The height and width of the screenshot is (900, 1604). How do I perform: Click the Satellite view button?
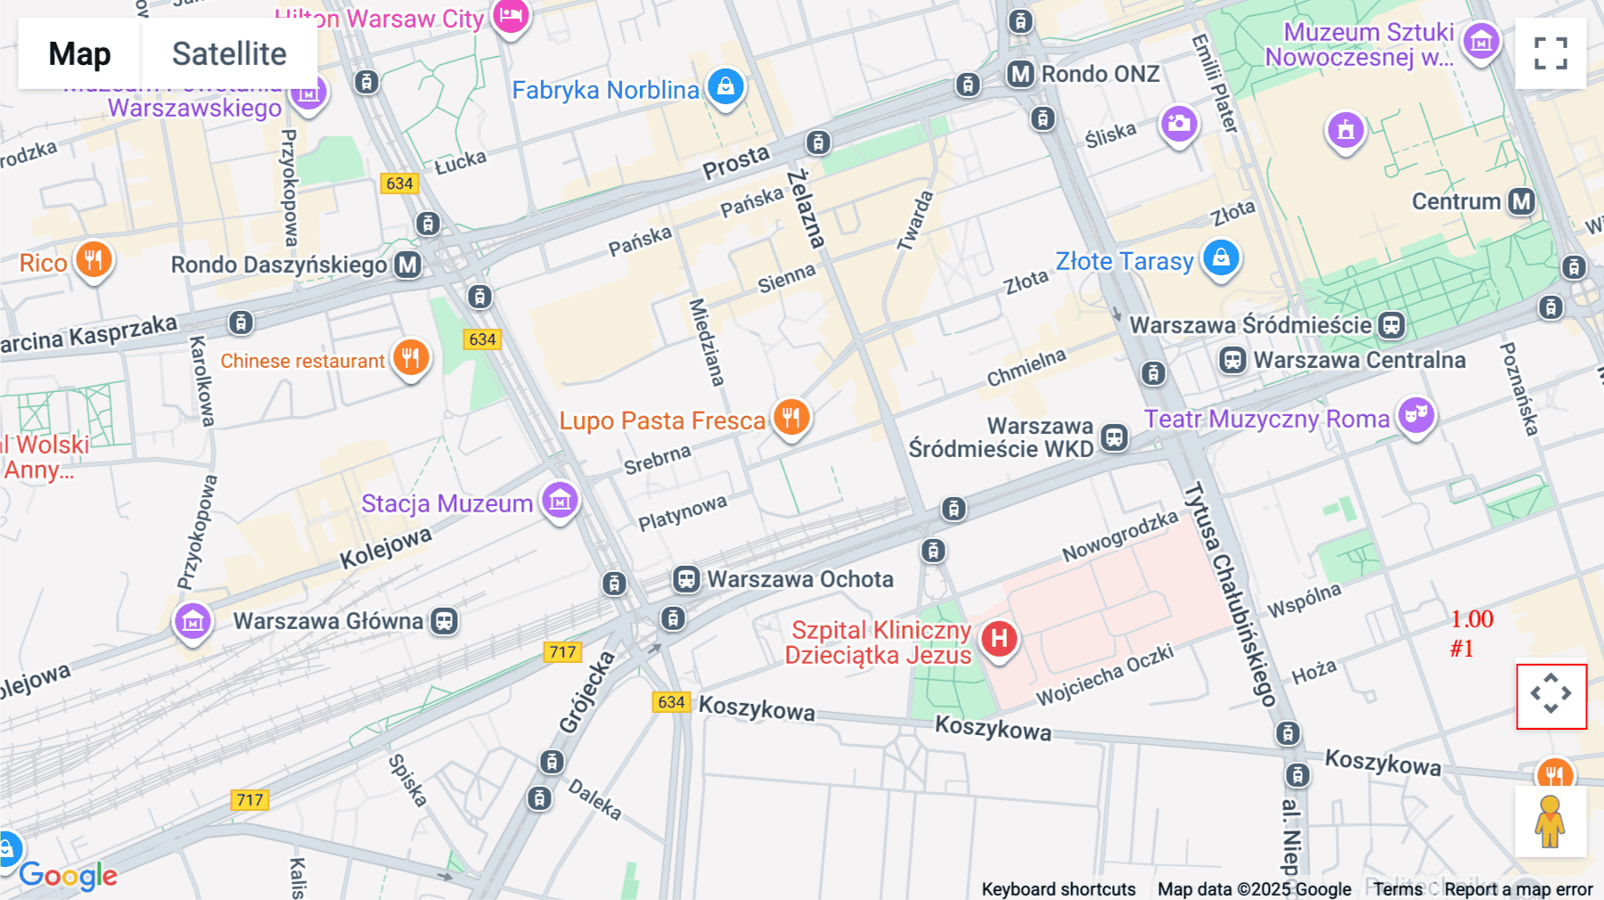229,53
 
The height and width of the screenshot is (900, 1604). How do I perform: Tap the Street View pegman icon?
1551,822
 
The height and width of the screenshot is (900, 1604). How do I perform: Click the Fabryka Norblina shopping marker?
725,86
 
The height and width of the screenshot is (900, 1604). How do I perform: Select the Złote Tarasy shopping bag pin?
1221,258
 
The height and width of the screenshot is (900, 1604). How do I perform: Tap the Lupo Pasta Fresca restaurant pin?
790,417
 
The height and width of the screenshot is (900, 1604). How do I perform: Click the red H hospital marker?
999,638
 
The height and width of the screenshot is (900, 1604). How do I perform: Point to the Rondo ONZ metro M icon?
1020,74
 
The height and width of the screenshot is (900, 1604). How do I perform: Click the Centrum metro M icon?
1521,201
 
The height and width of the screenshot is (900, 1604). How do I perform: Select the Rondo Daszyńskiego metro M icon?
408,265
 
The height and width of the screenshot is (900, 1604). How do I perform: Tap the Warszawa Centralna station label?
1358,360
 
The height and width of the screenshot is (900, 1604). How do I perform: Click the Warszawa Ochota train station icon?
685,579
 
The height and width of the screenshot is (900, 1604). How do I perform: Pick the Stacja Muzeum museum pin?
560,501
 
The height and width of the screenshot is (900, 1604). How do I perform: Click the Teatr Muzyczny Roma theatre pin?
1415,415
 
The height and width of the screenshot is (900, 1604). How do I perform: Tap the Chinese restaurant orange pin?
411,358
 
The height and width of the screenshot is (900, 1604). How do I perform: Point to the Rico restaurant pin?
93,260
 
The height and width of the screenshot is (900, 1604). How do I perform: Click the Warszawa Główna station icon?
444,621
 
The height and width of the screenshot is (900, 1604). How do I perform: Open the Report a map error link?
1518,889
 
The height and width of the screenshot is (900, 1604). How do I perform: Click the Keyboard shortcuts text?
1058,889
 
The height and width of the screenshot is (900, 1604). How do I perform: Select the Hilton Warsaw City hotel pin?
511,15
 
